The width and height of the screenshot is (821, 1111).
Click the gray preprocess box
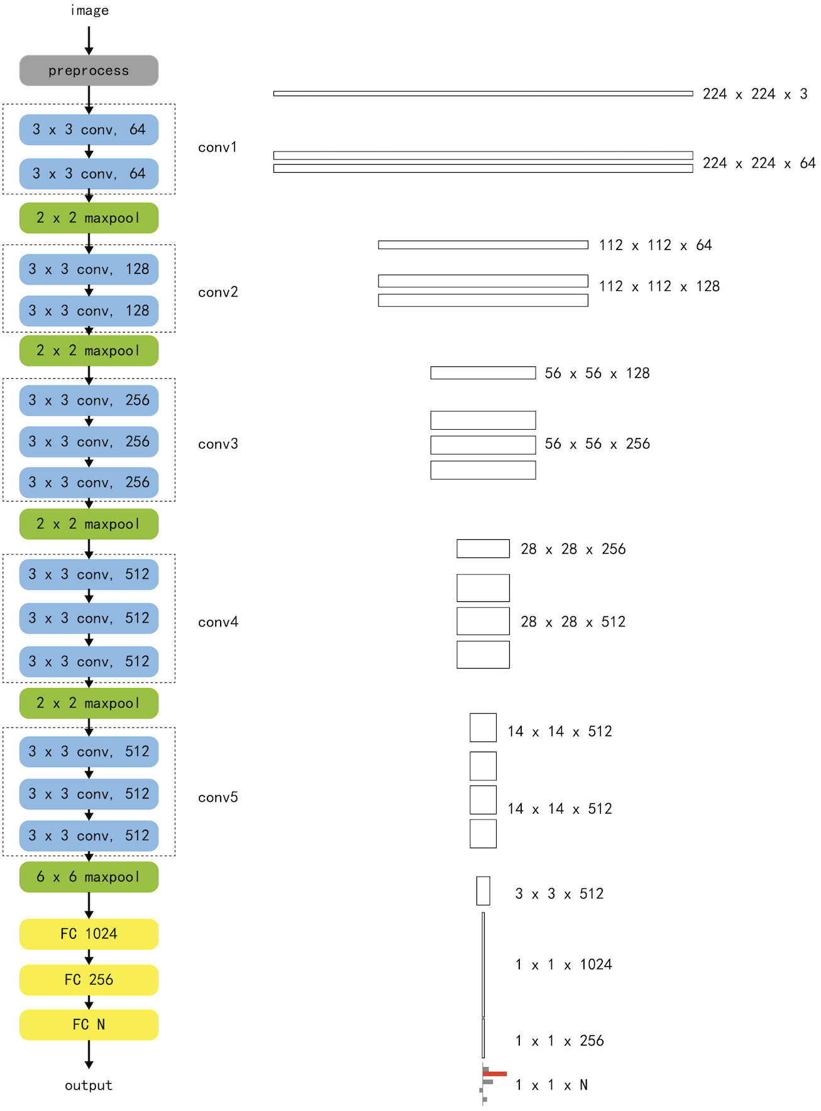(89, 70)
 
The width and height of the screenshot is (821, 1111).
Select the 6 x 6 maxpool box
(89, 877)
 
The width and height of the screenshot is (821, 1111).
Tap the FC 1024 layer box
(89, 934)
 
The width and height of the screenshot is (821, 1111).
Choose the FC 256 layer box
(89, 980)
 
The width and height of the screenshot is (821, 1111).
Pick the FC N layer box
(89, 1025)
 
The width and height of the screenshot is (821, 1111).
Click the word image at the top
(89, 10)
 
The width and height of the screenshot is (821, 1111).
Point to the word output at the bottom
(89, 1085)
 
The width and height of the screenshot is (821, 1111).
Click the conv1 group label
(218, 147)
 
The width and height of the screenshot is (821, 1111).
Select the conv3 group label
(218, 444)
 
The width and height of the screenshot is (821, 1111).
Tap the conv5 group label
(218, 797)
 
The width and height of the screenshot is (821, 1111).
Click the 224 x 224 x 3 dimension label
(754, 94)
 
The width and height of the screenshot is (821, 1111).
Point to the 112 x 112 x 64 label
(655, 245)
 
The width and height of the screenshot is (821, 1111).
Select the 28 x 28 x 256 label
(573, 549)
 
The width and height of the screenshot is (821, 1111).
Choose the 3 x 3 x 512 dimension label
(559, 894)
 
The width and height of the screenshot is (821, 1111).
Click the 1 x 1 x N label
(551, 1085)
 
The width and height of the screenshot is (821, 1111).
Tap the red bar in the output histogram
(495, 1074)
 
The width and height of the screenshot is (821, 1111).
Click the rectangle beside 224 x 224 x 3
(483, 94)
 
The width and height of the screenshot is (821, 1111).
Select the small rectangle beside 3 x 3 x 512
(483, 891)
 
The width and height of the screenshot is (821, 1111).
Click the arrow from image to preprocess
(89, 40)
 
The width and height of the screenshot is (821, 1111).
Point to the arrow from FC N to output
(89, 1054)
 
